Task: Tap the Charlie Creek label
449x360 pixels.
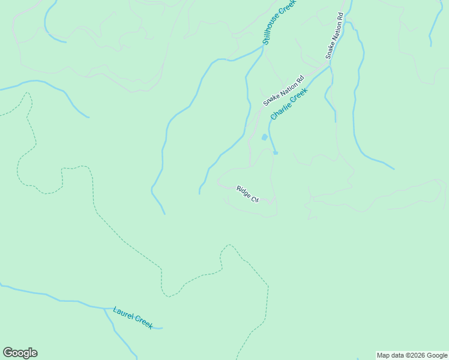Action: [289, 103]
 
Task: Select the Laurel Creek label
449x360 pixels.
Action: [133, 317]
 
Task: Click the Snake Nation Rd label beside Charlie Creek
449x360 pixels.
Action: [283, 91]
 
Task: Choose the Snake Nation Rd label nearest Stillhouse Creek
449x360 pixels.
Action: [334, 36]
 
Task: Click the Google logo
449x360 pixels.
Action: [20, 353]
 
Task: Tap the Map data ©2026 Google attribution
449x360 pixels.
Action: [412, 355]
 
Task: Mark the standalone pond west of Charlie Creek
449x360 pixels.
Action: [264, 137]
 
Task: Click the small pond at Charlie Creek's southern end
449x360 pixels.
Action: [276, 152]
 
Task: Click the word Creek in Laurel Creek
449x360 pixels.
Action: [143, 322]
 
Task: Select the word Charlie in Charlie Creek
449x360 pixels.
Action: [280, 110]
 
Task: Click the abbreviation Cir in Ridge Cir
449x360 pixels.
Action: [254, 199]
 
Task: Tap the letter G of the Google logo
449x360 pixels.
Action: [8, 353]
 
